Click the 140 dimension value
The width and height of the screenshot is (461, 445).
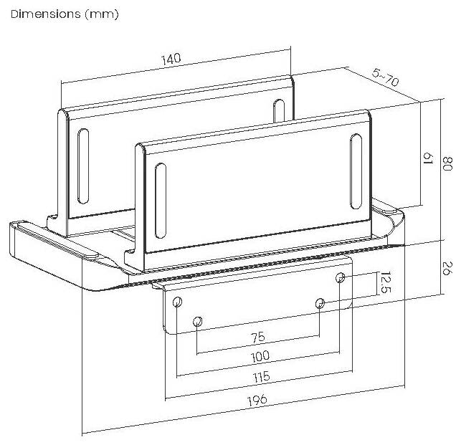click(171, 59)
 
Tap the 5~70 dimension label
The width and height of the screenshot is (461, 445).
click(386, 77)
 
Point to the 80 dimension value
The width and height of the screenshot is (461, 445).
click(447, 163)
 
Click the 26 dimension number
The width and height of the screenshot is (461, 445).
click(447, 268)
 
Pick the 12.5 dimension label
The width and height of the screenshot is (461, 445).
click(386, 282)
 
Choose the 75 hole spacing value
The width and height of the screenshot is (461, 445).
click(258, 338)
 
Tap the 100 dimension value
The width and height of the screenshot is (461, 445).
click(260, 356)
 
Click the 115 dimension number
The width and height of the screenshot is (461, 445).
click(262, 377)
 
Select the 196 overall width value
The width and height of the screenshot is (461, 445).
click(257, 400)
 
